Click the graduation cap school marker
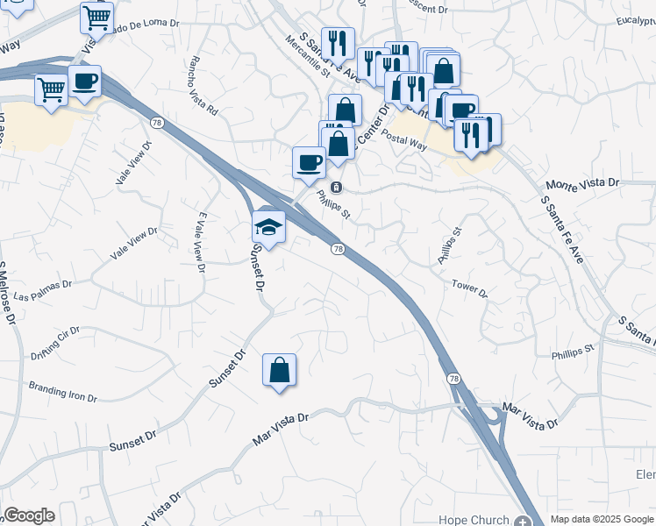coord(268,228)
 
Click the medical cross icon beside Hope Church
coord(525,520)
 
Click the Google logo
coord(28,515)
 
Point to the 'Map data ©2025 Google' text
coord(602,519)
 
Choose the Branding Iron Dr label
coord(62,391)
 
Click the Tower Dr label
coord(469,288)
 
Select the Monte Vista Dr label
coord(582,185)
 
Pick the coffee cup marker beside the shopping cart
coord(84,82)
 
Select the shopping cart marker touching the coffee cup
coord(52,89)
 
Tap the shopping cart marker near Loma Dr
coord(96,18)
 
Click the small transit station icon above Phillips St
coord(336,187)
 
